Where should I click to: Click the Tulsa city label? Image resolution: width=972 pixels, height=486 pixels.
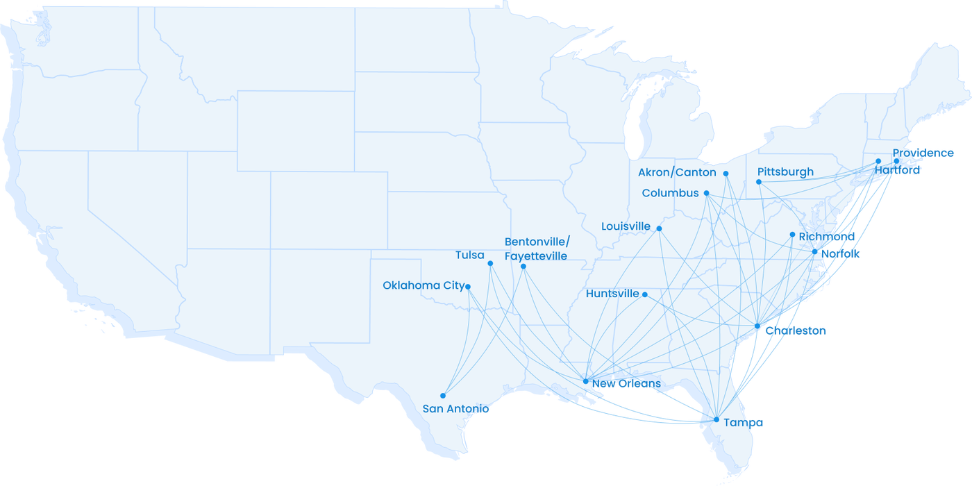tap(469, 255)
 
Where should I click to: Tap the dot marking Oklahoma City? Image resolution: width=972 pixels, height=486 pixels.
tap(468, 286)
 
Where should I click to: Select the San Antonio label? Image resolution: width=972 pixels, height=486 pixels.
tap(455, 409)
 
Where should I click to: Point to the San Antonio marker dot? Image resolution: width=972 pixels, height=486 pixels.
tap(443, 396)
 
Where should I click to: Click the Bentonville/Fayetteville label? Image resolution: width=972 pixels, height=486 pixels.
tap(537, 249)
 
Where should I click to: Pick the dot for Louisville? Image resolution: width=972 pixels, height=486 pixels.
tap(659, 228)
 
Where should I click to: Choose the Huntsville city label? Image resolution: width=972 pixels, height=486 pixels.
tap(612, 294)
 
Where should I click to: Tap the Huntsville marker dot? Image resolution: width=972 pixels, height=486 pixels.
tap(645, 294)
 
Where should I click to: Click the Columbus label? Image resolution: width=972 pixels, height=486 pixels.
tap(670, 193)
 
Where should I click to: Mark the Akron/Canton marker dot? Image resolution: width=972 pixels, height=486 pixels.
tap(726, 174)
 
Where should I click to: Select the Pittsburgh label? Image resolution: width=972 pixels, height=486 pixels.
tap(785, 171)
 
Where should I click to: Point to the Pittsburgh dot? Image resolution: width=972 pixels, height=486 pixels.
tap(758, 182)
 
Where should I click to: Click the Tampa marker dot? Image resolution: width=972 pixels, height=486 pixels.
tap(717, 419)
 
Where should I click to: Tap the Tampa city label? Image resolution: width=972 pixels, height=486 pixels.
tap(743, 423)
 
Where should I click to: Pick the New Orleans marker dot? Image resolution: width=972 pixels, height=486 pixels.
tap(586, 380)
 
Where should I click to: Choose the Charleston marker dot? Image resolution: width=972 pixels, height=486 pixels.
tap(757, 326)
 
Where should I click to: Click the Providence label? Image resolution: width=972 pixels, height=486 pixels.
tap(923, 153)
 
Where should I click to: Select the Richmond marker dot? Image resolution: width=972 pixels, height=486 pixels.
tap(792, 235)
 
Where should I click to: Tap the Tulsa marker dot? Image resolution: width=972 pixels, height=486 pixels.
tap(490, 263)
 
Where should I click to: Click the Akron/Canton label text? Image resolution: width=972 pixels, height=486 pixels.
tap(677, 172)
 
